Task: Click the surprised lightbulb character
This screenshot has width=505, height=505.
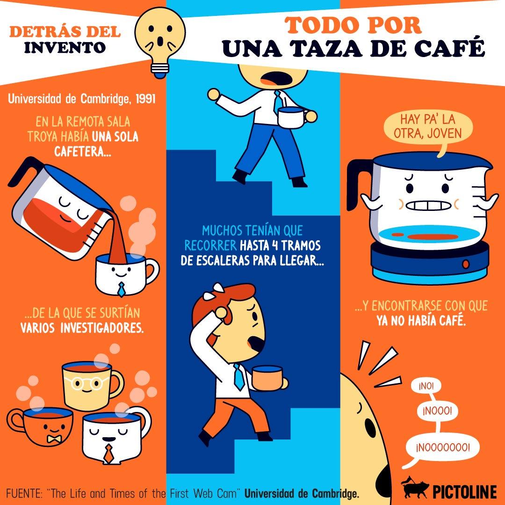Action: coord(160,42)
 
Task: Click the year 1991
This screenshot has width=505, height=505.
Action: coord(145,99)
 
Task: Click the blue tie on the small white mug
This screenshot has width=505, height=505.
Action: coord(121,289)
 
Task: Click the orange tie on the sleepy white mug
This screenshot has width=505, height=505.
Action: coord(109,454)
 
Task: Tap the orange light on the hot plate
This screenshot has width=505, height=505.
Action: coord(465,264)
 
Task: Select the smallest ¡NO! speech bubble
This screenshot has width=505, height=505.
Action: coord(426,386)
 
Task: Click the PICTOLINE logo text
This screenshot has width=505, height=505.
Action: coord(464,492)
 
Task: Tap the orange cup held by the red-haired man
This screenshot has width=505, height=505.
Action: coord(268,378)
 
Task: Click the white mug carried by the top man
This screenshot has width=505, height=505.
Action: coord(292,117)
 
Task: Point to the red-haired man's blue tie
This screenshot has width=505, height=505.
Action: coord(238,376)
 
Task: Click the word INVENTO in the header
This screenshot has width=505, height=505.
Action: coord(65,47)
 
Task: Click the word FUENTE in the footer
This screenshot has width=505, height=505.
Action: coord(23,493)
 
